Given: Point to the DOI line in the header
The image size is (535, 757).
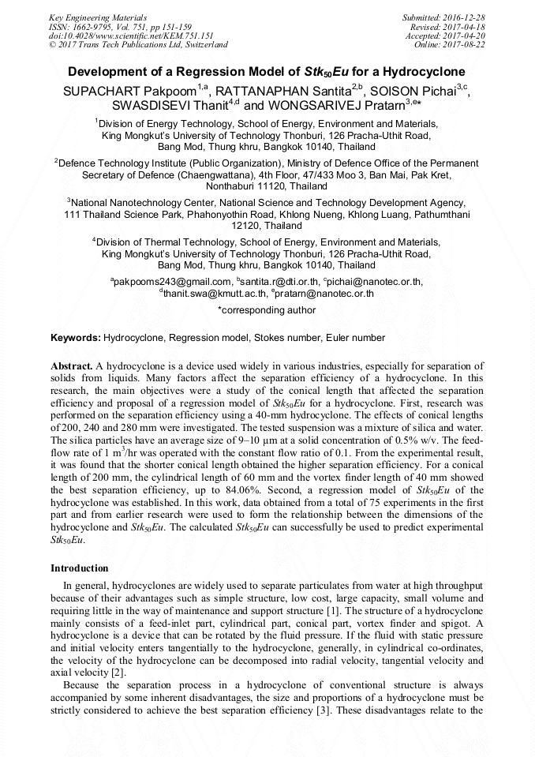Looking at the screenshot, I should tap(131, 36).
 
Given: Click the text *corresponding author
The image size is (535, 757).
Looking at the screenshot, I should tap(267, 310).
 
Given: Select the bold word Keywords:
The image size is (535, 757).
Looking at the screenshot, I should tap(76, 338).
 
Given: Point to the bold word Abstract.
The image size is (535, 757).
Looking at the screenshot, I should tap(72, 367).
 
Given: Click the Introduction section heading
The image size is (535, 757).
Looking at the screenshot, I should tap(80, 568).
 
